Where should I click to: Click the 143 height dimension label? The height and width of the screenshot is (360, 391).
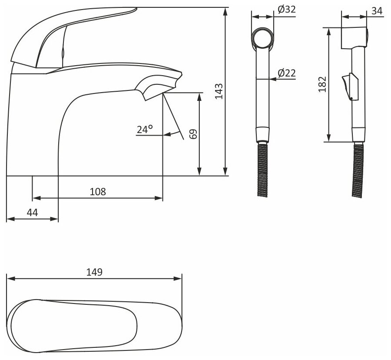click(x=219, y=91)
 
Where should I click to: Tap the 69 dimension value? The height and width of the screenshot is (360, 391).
click(x=193, y=134)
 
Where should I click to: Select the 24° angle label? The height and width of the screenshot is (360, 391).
click(x=145, y=129)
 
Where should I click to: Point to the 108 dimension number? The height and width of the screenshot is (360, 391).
click(x=98, y=192)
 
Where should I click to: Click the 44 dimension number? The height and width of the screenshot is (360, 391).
click(x=33, y=213)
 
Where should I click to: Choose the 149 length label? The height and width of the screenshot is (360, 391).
click(x=94, y=272)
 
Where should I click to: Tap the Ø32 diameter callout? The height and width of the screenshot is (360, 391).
click(x=287, y=10)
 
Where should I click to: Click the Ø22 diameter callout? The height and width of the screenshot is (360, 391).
click(x=287, y=73)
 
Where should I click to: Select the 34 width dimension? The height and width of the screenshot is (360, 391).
click(x=377, y=11)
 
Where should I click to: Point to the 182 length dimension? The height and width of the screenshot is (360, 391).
click(x=322, y=84)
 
